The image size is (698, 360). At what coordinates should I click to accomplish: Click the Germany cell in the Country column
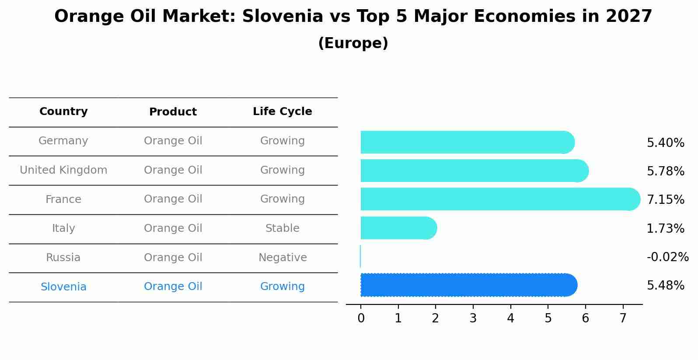click(63, 141)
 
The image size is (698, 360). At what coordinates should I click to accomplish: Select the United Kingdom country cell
click(63, 170)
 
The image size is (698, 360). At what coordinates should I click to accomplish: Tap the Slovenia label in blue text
click(63, 287)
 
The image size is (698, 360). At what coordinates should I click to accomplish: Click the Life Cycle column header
click(282, 112)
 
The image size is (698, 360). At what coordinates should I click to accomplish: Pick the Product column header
click(173, 112)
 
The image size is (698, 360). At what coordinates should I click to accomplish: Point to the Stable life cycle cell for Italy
click(282, 228)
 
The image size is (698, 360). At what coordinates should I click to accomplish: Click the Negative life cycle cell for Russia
click(282, 258)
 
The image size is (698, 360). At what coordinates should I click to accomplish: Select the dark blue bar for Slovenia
click(468, 285)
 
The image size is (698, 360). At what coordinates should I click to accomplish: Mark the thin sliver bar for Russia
click(360, 256)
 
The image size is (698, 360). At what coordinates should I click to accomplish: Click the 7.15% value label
click(665, 200)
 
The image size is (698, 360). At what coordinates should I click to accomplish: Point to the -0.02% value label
click(667, 257)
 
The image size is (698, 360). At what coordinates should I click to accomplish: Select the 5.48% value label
click(665, 286)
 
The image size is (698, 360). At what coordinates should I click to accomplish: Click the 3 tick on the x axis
click(473, 318)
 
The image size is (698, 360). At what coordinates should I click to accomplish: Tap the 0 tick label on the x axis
click(361, 318)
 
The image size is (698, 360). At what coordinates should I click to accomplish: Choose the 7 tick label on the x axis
click(623, 318)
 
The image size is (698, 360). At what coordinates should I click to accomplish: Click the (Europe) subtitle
click(353, 43)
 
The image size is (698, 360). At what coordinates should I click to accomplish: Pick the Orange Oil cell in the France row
click(173, 199)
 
